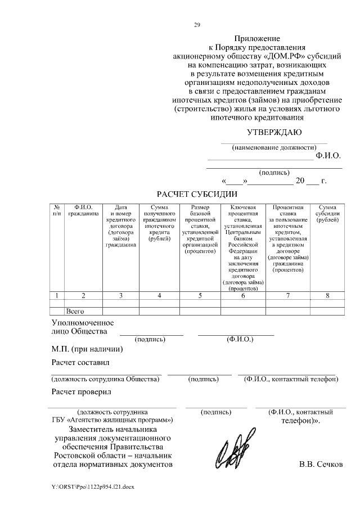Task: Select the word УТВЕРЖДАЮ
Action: click(x=274, y=133)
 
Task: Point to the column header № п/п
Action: click(x=57, y=210)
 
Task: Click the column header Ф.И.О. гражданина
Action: click(x=83, y=210)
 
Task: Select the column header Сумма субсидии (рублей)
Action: click(x=327, y=213)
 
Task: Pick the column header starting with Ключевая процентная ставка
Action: click(x=243, y=247)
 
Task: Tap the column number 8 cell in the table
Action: click(x=327, y=295)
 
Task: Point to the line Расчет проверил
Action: click(x=81, y=391)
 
